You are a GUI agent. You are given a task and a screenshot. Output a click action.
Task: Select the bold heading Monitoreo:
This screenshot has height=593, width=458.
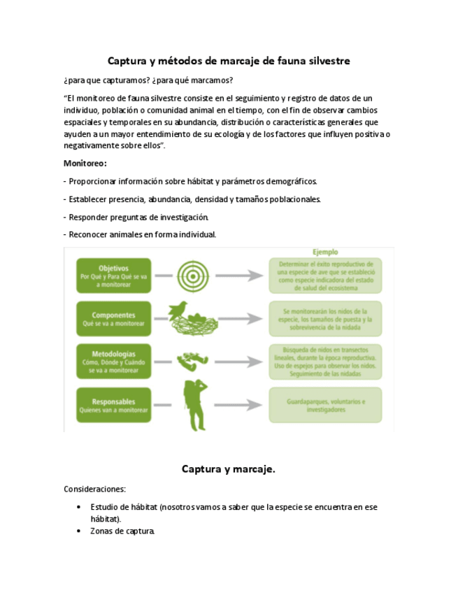[x=85, y=163]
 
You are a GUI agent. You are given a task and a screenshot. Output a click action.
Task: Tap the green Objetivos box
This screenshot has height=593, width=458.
[x=114, y=272]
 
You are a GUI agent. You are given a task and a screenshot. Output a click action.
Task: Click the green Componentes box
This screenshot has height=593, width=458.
[x=114, y=319]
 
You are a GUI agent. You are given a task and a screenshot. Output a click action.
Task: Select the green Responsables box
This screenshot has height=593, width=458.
[x=114, y=406]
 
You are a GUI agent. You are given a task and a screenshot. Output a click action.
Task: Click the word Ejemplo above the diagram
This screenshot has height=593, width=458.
[x=325, y=251]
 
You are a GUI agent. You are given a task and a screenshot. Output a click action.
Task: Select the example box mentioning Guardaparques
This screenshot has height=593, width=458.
[x=325, y=406]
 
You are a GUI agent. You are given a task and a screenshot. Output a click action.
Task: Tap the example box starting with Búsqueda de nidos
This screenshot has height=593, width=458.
[x=325, y=362]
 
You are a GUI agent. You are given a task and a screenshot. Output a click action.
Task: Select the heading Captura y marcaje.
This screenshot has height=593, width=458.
[x=229, y=469]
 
